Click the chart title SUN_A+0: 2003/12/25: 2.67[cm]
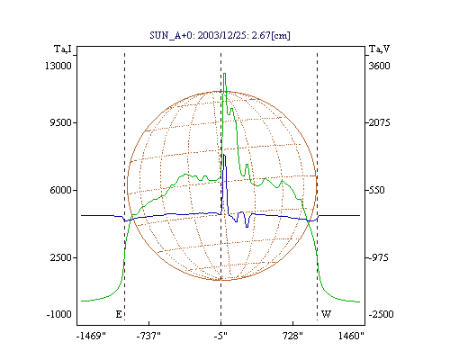pyautogui.click(x=220, y=35)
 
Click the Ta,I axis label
pyautogui.click(x=63, y=49)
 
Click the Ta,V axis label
pyautogui.click(x=379, y=49)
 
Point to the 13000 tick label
pyautogui.click(x=58, y=66)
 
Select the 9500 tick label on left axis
pyautogui.click(x=60, y=122)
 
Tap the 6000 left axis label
pyautogui.click(x=60, y=190)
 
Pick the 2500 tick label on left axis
pyautogui.click(x=60, y=257)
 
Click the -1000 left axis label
pyautogui.click(x=59, y=314)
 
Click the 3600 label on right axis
pyautogui.click(x=379, y=66)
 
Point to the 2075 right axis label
pyautogui.click(x=379, y=122)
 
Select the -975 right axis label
pyautogui.click(x=378, y=257)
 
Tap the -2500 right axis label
pyautogui.click(x=381, y=314)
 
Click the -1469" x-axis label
pyautogui.click(x=91, y=336)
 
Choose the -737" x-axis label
pyautogui.click(x=148, y=336)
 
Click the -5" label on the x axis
pyautogui.click(x=220, y=336)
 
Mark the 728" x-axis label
pyautogui.click(x=292, y=336)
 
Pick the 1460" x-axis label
pyautogui.click(x=351, y=336)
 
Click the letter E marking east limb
pyautogui.click(x=119, y=314)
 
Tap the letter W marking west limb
pyautogui.click(x=326, y=314)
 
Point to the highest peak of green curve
pyautogui.click(x=224, y=74)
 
